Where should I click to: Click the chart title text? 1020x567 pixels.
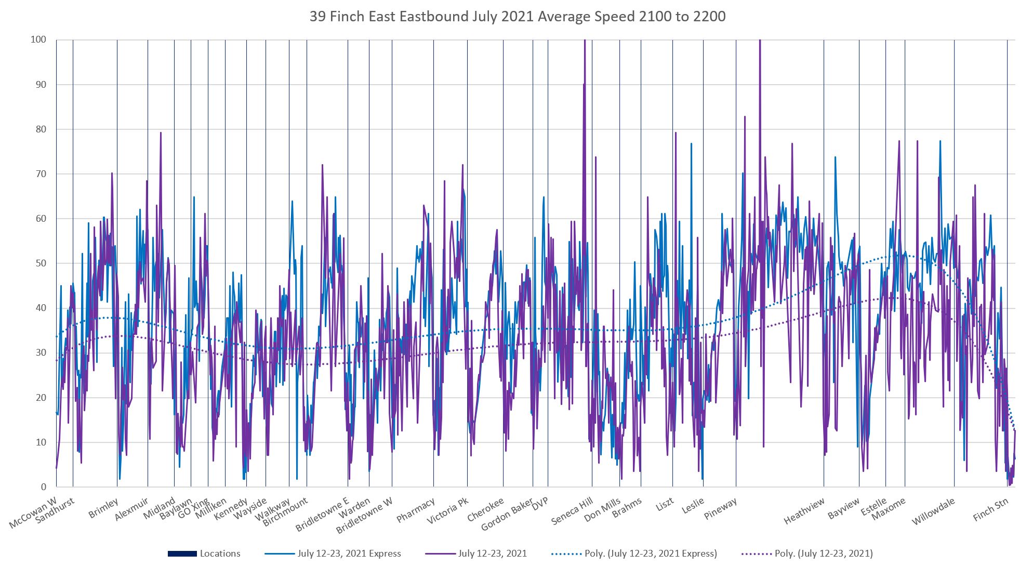tap(518, 17)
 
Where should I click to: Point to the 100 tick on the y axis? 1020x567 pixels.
tap(38, 39)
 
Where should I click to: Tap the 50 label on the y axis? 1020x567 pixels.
tap(41, 263)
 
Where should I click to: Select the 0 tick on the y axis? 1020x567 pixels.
tap(44, 487)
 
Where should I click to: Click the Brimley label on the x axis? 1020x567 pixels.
tap(103, 508)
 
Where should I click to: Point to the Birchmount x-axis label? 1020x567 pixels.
tap(285, 511)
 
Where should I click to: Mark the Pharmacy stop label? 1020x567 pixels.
tap(415, 510)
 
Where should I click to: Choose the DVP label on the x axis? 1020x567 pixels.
tap(540, 503)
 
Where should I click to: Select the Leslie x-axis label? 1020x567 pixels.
tap(693, 505)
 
